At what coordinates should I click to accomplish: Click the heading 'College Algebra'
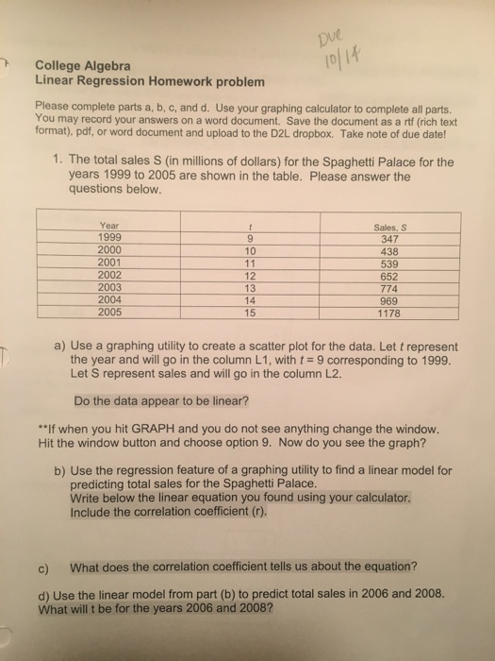point(84,66)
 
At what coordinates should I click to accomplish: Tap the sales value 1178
point(389,313)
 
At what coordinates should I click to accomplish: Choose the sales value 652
point(389,275)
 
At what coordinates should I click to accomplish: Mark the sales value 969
point(389,300)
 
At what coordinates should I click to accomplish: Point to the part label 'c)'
point(43,567)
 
